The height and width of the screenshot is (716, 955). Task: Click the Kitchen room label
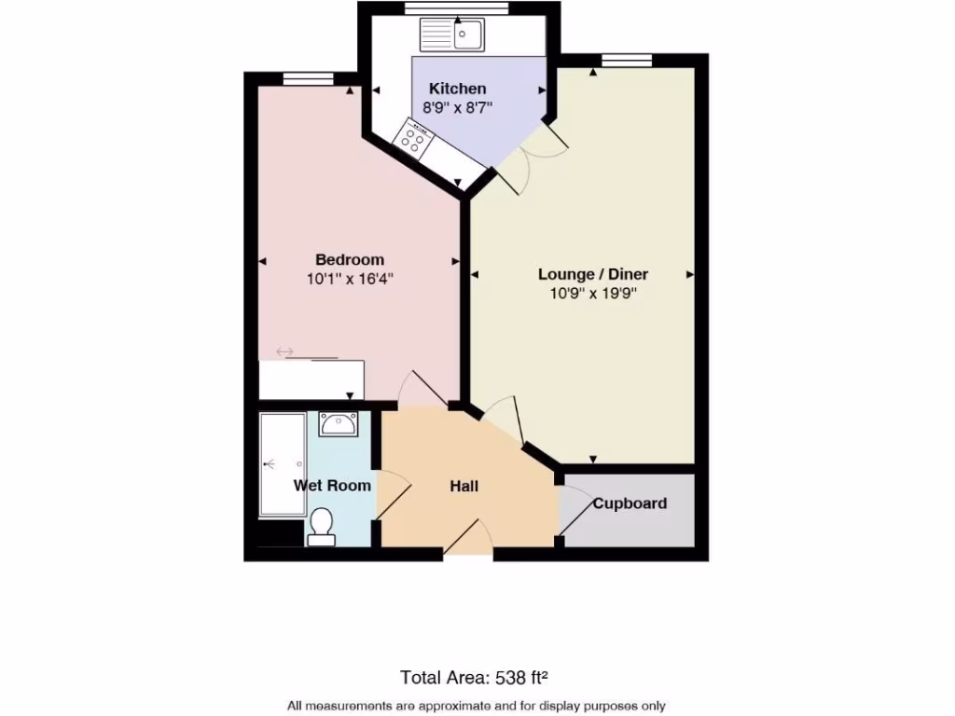coord(457,89)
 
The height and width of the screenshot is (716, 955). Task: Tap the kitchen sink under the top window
coord(452,35)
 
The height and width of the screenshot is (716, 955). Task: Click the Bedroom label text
coord(349,259)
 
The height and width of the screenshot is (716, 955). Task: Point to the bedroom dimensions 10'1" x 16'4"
coord(349,278)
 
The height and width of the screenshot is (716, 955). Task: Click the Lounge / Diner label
coord(592,274)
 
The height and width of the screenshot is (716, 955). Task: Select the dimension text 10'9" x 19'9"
coord(592,293)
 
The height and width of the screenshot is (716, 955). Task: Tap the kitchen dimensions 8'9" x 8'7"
coord(457,107)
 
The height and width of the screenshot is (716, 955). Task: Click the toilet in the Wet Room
coord(321,527)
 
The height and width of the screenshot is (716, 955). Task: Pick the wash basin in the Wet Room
coord(337,425)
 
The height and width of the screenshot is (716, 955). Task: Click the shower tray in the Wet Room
coord(282,463)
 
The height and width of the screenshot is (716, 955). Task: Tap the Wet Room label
coord(332,486)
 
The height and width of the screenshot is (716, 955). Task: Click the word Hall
coord(464,487)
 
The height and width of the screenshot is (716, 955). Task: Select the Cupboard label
coord(630,503)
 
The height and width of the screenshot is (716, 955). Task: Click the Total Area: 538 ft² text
coord(479,677)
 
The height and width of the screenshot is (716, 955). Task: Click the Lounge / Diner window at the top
coord(626,61)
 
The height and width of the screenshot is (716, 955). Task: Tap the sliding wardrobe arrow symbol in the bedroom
coord(284,351)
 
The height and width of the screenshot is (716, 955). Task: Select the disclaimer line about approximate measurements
coord(477,706)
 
